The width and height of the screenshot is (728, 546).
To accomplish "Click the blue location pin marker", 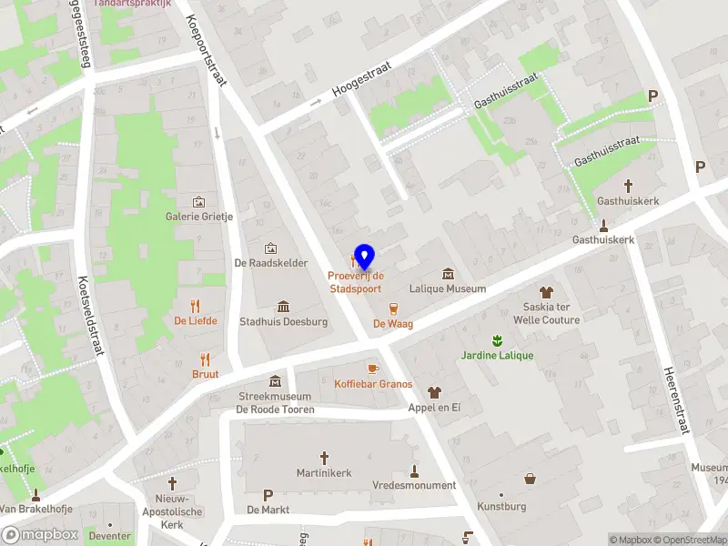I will coord(365,257).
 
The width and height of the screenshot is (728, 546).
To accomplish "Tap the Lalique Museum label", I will coord(447,288).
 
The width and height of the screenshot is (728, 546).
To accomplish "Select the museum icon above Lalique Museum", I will coord(448,273).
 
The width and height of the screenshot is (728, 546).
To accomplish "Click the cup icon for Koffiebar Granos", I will coord(372,369).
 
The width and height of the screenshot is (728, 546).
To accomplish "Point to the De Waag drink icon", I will coord(393,308).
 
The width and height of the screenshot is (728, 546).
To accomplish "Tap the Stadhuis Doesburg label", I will coord(283,321).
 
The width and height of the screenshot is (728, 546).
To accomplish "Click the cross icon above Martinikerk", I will coord(324,458).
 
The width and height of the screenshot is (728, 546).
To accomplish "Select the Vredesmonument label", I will coord(414,485).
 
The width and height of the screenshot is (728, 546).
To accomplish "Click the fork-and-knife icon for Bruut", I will coord(206,359).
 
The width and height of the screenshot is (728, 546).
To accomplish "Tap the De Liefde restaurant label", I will coord(196,320).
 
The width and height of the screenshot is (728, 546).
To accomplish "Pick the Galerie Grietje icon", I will coord(199,201).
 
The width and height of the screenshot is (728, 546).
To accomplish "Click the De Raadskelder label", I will coord(270,263).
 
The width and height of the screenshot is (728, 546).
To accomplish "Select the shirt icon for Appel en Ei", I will coord(434,392).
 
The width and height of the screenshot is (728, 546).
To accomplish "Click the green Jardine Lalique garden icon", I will coord(497,340).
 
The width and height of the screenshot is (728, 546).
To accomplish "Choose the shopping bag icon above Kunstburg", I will coord(530,479).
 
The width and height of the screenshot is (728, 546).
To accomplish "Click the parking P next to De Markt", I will coord(268,495).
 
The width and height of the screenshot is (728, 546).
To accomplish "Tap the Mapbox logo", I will coord(40,534).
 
